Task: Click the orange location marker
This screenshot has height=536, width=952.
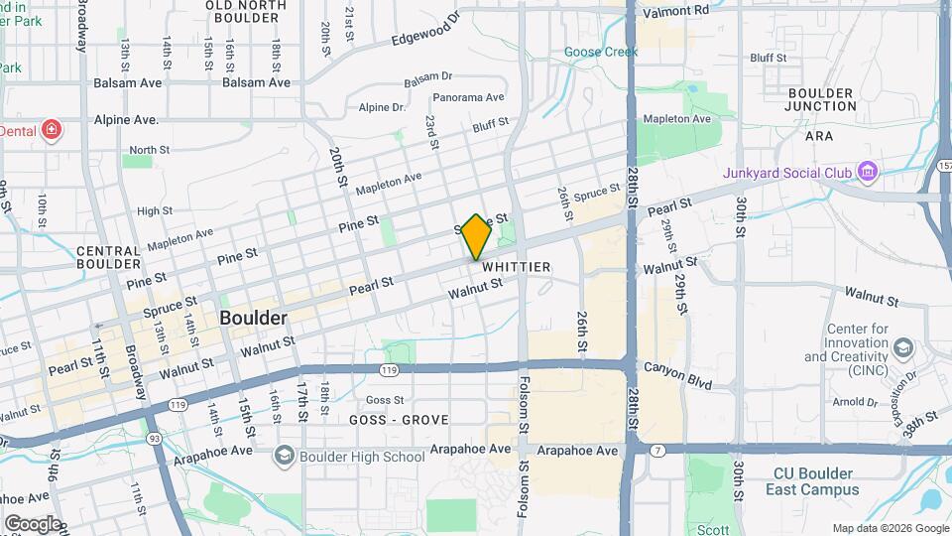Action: click(476, 236)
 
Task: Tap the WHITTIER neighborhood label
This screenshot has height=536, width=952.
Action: click(516, 268)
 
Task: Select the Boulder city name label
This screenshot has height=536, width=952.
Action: click(253, 319)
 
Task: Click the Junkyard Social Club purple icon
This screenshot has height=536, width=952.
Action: click(868, 173)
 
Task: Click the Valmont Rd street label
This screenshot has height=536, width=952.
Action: click(675, 11)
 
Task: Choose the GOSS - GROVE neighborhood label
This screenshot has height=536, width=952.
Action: click(399, 420)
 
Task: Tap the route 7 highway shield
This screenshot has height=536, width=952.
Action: click(656, 450)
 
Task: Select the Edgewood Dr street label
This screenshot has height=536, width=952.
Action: click(426, 29)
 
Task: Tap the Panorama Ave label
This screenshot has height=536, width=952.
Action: click(469, 97)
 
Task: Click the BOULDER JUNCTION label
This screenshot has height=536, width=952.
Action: click(820, 99)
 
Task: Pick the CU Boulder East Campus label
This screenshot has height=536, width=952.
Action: click(812, 480)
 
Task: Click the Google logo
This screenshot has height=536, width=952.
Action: click(33, 523)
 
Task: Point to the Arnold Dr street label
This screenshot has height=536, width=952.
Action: click(855, 402)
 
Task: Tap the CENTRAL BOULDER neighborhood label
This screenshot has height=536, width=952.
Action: click(108, 258)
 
